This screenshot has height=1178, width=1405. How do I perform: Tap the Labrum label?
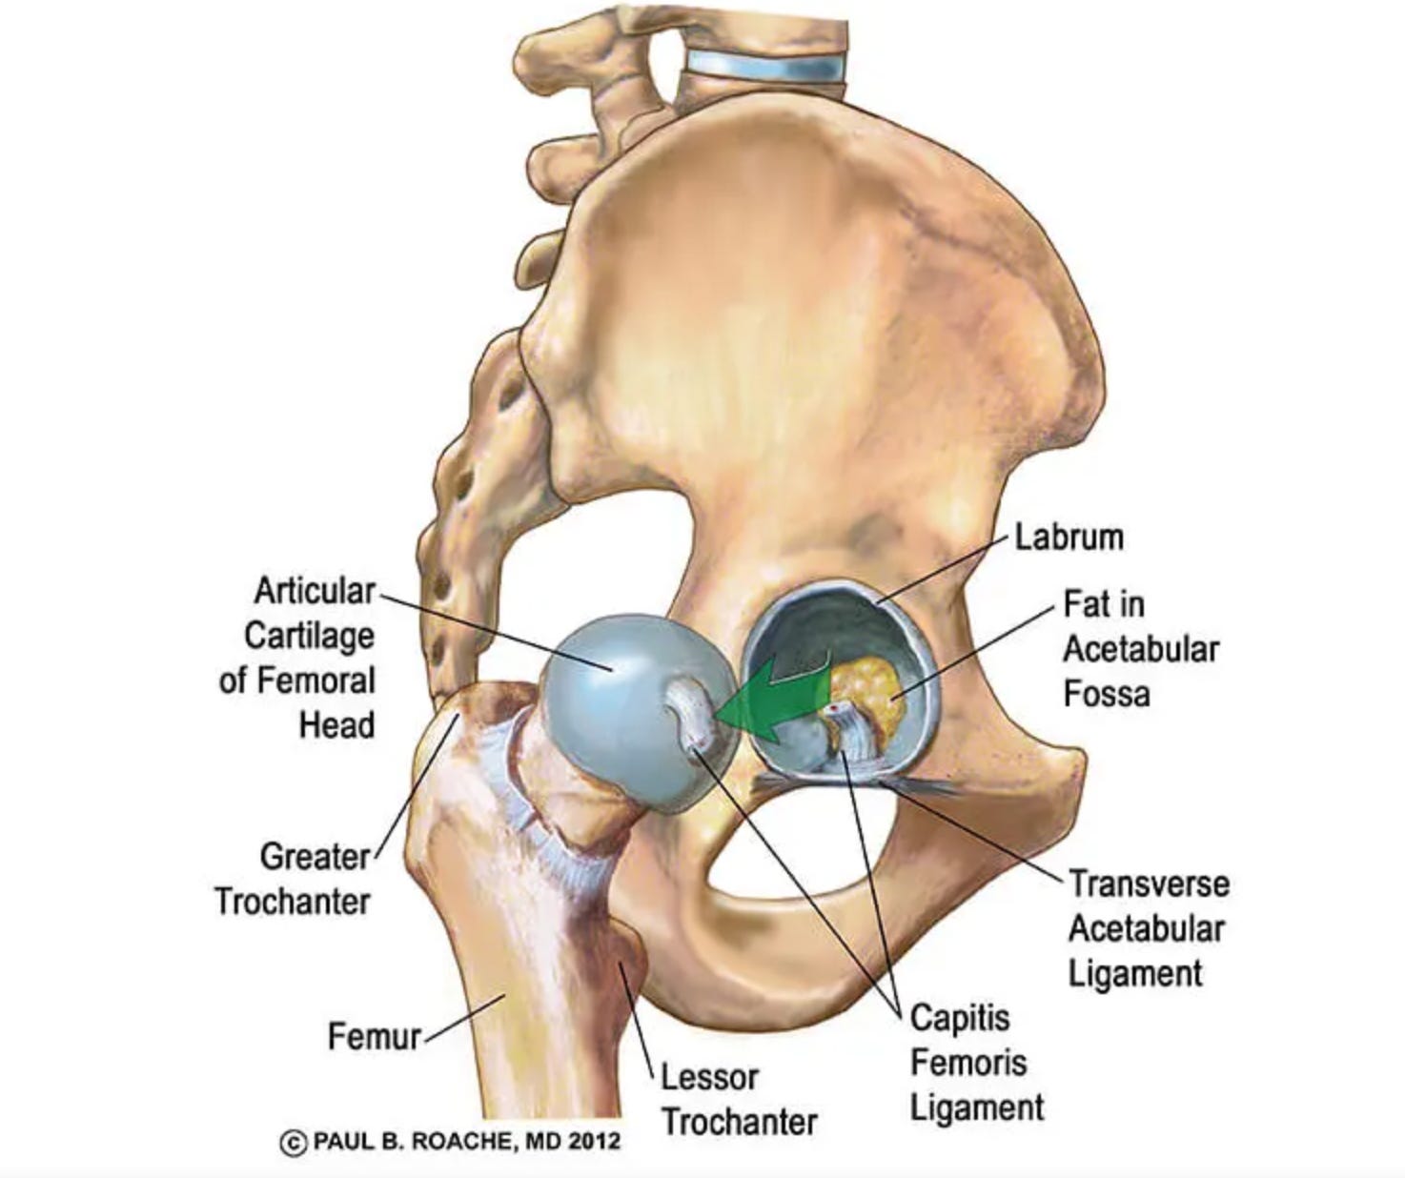[x=1069, y=538]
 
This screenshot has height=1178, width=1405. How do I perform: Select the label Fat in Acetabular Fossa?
[x=1140, y=649]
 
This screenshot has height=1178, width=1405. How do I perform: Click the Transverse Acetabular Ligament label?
[x=1147, y=928]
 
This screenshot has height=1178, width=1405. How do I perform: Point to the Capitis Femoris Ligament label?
[x=975, y=1063]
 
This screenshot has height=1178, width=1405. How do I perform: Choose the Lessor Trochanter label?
[x=739, y=1100]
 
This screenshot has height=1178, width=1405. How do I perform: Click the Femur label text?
[x=374, y=1036]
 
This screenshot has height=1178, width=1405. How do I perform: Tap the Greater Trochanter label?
[x=293, y=879]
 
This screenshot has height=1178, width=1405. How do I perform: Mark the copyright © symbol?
[x=294, y=1142]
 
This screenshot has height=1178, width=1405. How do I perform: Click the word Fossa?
[x=1106, y=694]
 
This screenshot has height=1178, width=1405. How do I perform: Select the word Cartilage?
[x=309, y=636]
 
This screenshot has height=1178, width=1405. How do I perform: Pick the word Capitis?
[x=959, y=1018]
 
